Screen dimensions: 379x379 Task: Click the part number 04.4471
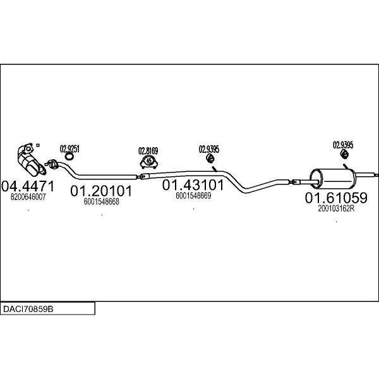pos(28,186)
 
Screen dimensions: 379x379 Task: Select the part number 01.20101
pos(101,191)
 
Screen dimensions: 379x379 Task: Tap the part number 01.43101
pos(193,185)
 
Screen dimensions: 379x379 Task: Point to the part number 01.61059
pos(336,198)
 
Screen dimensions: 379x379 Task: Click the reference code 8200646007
pos(28,197)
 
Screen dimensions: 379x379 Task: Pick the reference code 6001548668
pos(102,202)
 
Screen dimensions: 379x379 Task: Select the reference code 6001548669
pos(193,196)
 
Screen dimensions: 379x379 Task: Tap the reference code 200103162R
pos(336,208)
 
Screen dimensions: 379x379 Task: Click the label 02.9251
pos(69,149)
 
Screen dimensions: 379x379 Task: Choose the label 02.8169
pos(148,151)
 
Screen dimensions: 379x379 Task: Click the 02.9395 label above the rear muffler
pos(343,145)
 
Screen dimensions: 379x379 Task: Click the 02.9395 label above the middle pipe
pos(209,149)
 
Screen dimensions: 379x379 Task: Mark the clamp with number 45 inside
pos(149,161)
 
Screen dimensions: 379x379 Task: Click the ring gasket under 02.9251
pos(69,157)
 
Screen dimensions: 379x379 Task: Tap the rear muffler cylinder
pos(333,179)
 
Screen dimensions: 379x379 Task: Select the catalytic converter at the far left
pos(30,160)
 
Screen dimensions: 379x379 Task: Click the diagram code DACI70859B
pos(28,309)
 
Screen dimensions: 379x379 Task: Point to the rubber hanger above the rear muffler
pos(344,154)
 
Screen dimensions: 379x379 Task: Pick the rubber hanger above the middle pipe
pos(210,158)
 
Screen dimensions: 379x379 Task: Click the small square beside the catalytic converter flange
pos(38,145)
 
